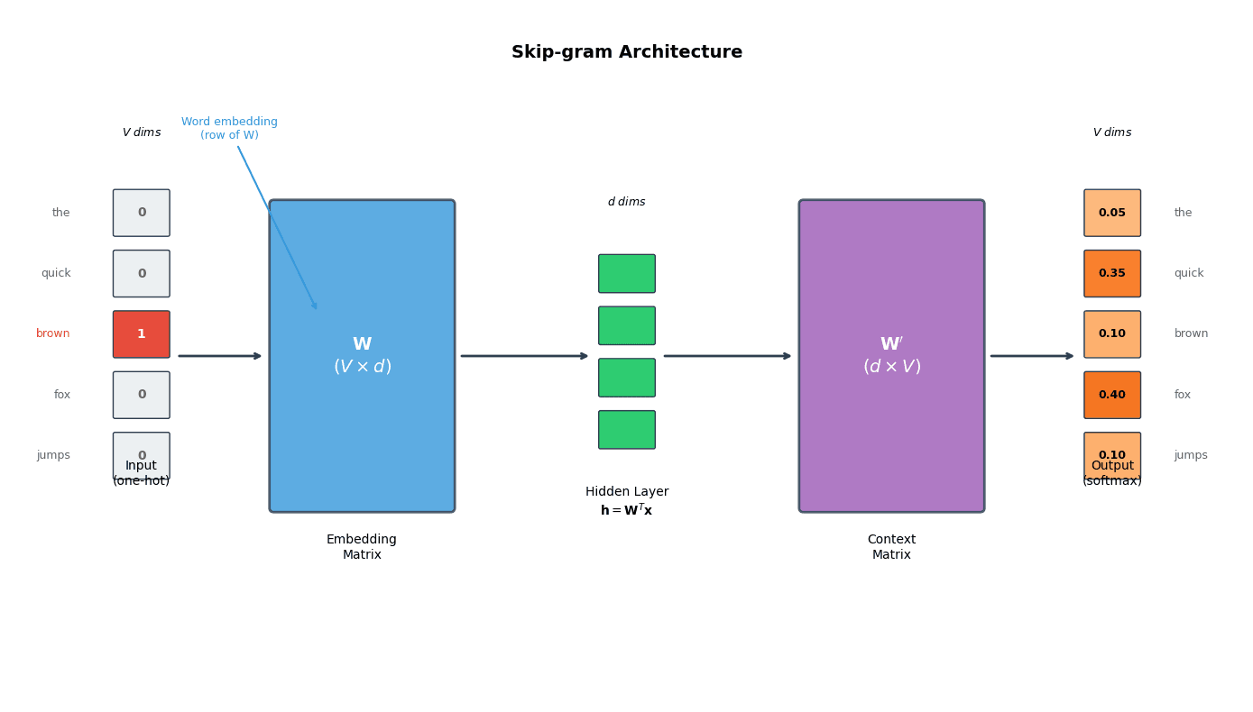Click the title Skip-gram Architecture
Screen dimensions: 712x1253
coord(626,52)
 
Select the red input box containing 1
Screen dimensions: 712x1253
coord(141,334)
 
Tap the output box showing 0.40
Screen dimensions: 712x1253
coord(1111,395)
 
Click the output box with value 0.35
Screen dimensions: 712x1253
coord(1111,274)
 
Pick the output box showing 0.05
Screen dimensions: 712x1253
coord(1111,213)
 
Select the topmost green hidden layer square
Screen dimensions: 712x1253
coord(626,273)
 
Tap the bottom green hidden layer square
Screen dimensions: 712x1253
coord(626,430)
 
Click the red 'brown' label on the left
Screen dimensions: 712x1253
coord(53,334)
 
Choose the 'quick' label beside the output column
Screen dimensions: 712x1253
coord(1188,274)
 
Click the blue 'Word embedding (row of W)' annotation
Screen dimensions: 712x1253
coord(229,129)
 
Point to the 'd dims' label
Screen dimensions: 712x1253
coord(626,202)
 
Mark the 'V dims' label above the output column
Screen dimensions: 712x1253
coord(1111,132)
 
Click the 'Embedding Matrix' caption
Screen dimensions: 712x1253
coord(362,547)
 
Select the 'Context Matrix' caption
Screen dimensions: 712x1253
coord(891,547)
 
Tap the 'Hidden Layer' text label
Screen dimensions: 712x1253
coord(626,492)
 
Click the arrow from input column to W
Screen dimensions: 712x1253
coord(220,356)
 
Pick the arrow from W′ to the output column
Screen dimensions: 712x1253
coord(1032,356)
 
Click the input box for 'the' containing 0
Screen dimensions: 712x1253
coord(141,213)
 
